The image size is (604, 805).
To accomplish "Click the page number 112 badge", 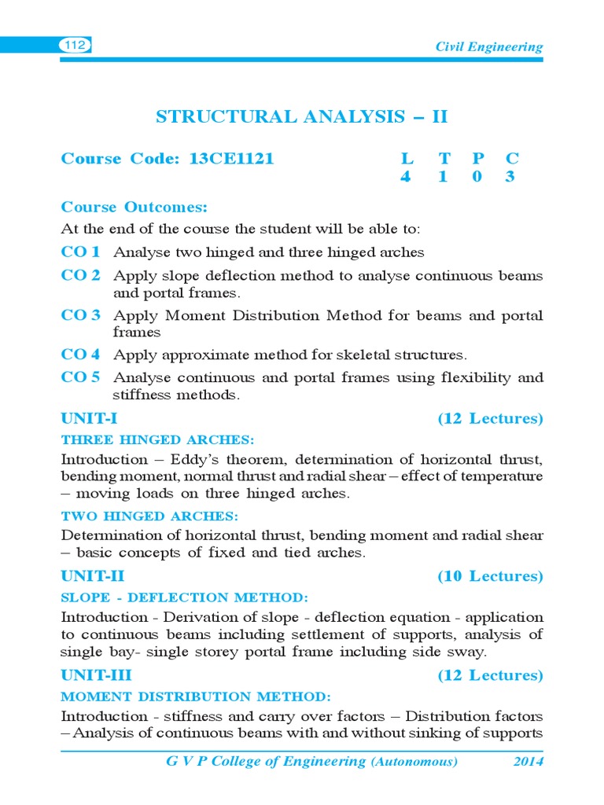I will [x=75, y=46].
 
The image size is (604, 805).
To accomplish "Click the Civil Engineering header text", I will [x=489, y=47].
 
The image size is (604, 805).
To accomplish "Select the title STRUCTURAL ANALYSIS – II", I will [x=301, y=117].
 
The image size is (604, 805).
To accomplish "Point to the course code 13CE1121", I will [x=231, y=159].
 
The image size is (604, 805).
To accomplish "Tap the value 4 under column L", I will [x=405, y=177].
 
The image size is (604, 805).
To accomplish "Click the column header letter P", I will [x=477, y=159].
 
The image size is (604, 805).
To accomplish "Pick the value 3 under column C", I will [x=510, y=177].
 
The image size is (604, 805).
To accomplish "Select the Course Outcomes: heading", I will [x=134, y=208].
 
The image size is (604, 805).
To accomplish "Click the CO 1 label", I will [x=81, y=252].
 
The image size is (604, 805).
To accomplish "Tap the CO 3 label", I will [x=81, y=315].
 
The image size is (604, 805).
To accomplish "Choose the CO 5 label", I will [x=81, y=377].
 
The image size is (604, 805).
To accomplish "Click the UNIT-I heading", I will [x=89, y=418].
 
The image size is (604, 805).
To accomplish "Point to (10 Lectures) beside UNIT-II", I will [x=490, y=576].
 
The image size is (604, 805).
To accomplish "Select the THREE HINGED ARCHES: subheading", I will [x=158, y=439].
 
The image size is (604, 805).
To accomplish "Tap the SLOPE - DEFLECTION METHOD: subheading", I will [x=185, y=597].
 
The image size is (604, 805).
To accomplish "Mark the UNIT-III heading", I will [x=97, y=675].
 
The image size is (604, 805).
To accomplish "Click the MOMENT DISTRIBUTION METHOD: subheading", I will [x=196, y=697].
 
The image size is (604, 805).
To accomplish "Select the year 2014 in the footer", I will [x=527, y=761].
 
